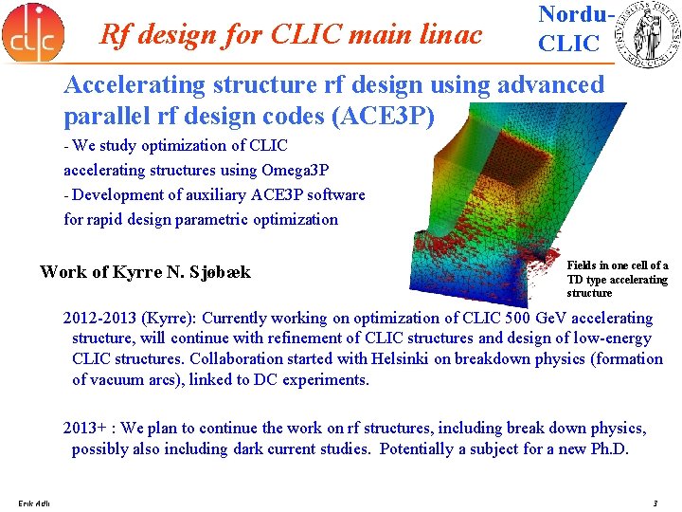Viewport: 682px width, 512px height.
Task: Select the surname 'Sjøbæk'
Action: click(221, 272)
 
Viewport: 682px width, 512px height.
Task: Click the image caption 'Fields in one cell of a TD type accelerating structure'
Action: click(617, 279)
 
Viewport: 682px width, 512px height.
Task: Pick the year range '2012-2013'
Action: click(99, 319)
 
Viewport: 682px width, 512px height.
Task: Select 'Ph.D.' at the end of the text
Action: click(606, 449)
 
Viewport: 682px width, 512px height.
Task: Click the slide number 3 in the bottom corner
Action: click(655, 502)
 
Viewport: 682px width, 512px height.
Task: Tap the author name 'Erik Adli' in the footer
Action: click(34, 502)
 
